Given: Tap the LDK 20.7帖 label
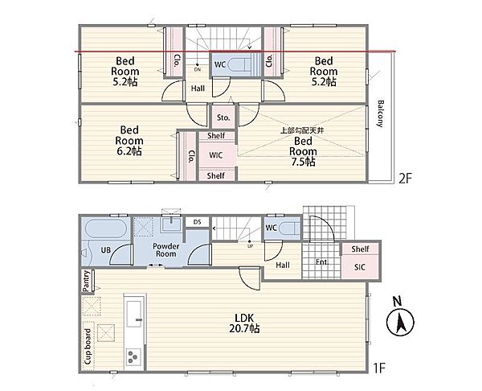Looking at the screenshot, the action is (x=244, y=323).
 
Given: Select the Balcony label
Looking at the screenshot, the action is (x=380, y=113).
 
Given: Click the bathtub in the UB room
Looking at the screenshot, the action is (x=105, y=228).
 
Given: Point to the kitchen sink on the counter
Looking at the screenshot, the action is (x=134, y=314).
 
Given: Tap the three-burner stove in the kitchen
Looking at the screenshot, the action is (x=133, y=357).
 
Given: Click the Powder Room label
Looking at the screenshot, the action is (x=166, y=250).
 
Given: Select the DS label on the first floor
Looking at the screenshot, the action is (x=197, y=222).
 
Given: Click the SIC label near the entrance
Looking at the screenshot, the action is (x=360, y=267).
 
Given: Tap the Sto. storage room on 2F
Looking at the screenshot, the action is (x=223, y=117).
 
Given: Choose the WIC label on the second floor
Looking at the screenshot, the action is (x=215, y=155).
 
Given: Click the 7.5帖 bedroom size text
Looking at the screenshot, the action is (x=303, y=162).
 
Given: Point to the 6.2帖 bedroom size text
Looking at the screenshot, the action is (x=129, y=151).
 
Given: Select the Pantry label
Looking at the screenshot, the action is (x=87, y=281).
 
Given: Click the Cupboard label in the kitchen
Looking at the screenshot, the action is (x=88, y=347).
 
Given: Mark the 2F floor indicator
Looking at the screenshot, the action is (x=405, y=179).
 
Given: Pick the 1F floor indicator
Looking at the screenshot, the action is (x=379, y=368).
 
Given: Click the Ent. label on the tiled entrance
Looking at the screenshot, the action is (x=322, y=262).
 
